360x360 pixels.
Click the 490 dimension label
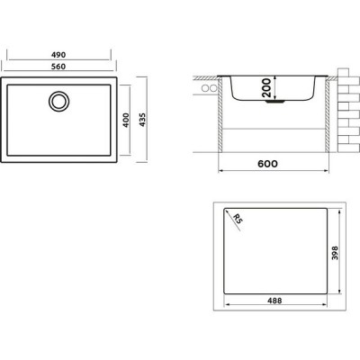[58, 55]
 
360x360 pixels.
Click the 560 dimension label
[58, 67]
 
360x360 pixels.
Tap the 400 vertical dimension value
[126, 120]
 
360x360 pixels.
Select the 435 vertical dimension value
[142, 120]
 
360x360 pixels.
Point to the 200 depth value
[266, 87]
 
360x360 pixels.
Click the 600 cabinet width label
[267, 164]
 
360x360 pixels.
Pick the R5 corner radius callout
[237, 219]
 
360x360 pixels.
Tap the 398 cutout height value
[335, 253]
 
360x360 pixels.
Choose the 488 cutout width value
[274, 301]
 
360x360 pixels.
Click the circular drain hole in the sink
[59, 101]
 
